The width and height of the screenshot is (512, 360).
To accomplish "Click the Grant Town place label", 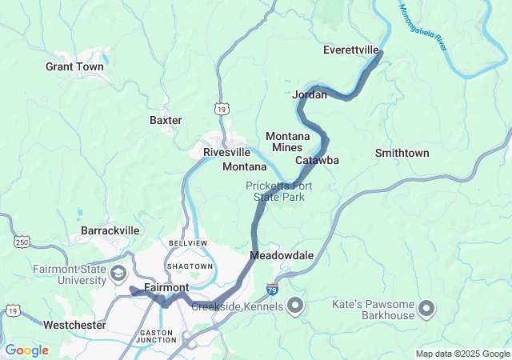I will tap(74, 67).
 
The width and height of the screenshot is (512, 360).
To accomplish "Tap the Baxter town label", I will tap(166, 120).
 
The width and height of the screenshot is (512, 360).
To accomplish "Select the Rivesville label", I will tap(226, 152).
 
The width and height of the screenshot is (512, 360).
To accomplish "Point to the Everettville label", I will tap(350, 50).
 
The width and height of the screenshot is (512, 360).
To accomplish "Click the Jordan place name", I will tap(310, 94).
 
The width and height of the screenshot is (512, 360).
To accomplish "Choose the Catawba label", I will tap(318, 160).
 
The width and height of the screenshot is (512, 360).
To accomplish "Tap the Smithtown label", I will tap(402, 153).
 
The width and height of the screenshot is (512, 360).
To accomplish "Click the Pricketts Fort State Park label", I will tap(278, 191).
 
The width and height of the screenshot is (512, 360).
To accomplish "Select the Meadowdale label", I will tap(282, 255).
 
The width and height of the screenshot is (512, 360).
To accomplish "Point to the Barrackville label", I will tap(110, 230).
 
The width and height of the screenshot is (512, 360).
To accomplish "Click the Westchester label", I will tap(75, 325).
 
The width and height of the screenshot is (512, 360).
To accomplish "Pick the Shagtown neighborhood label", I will tap(190, 266).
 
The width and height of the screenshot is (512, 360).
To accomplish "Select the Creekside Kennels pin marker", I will tap(294, 306).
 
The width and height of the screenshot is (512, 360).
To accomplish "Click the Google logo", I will tap(27, 350).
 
